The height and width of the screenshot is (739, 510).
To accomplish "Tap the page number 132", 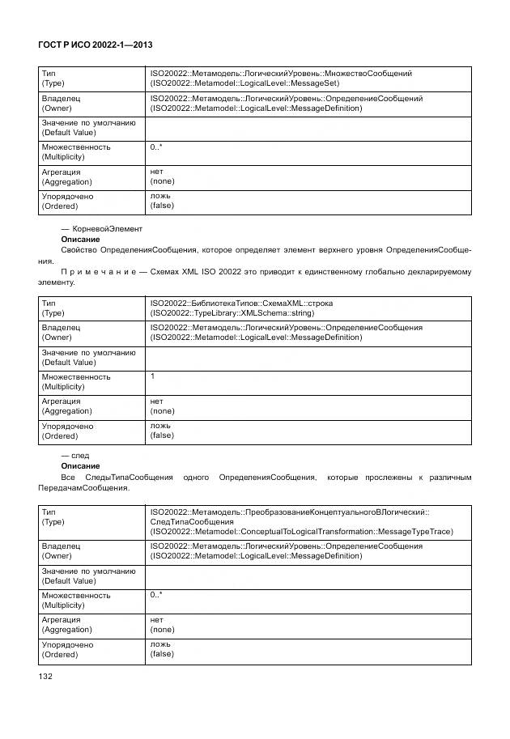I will [x=45, y=676].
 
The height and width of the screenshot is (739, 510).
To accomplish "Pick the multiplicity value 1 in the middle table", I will [x=153, y=376].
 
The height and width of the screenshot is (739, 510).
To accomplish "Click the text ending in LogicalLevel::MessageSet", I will [x=244, y=83].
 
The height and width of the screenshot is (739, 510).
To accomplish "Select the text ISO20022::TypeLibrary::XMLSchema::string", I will [x=232, y=313].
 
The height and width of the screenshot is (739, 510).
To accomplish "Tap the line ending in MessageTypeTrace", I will [x=301, y=532].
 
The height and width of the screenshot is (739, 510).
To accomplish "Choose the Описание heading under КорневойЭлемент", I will [x=80, y=240].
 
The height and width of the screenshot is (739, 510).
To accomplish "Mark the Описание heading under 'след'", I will [x=80, y=466].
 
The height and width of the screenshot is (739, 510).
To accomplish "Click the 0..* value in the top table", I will [x=156, y=147].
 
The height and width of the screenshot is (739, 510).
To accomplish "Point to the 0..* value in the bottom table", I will [x=156, y=595].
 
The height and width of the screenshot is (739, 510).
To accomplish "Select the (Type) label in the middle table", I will [x=53, y=313].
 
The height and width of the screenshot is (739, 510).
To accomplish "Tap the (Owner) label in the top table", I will [x=56, y=108].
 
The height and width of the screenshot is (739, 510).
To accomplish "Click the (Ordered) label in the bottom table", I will [x=59, y=654].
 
